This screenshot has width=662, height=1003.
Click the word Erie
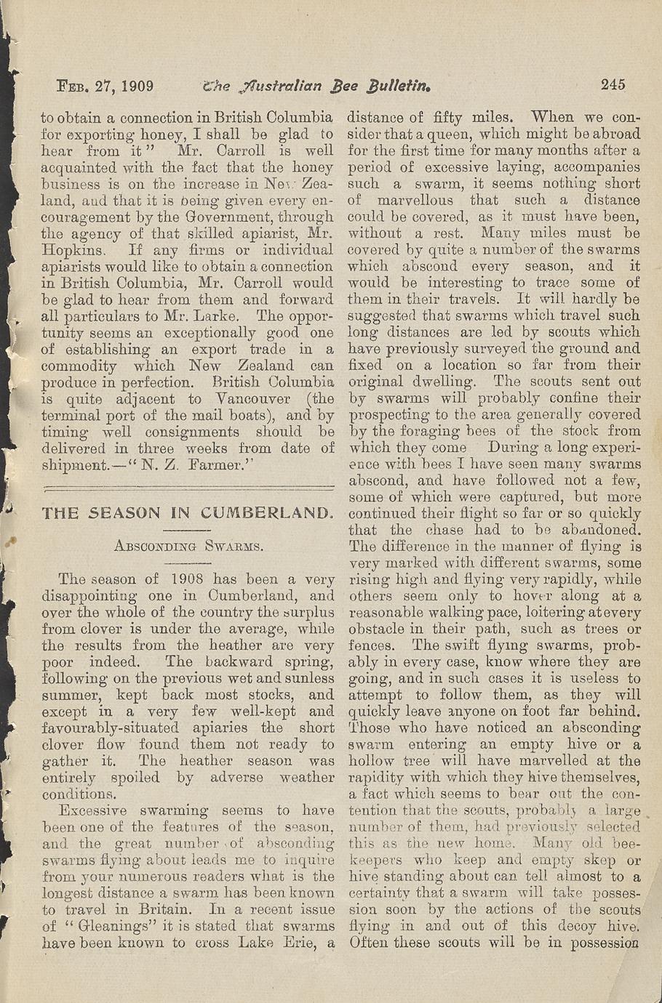click(x=298, y=943)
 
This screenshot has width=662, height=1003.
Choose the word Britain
click(x=170, y=910)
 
